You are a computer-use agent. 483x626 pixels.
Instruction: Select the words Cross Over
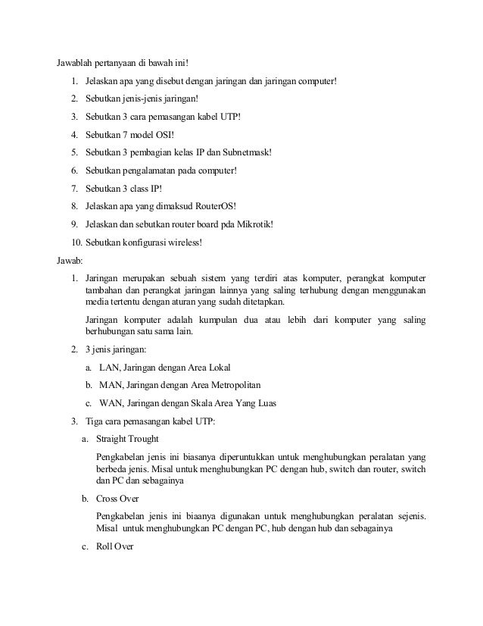point(116,499)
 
